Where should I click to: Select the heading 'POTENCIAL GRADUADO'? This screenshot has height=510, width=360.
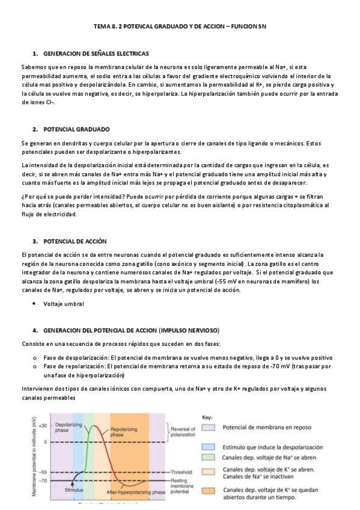76,129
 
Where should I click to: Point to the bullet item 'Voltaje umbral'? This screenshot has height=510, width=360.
63,304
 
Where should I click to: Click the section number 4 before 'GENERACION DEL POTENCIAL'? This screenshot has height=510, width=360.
35,330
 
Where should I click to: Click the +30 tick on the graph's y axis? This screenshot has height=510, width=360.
34,425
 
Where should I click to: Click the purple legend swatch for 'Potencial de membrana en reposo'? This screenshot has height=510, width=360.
209,428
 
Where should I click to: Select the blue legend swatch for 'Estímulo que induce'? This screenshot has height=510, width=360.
209,447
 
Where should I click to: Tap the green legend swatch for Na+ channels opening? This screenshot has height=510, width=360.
209,458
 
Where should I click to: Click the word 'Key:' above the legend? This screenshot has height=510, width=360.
207,416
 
